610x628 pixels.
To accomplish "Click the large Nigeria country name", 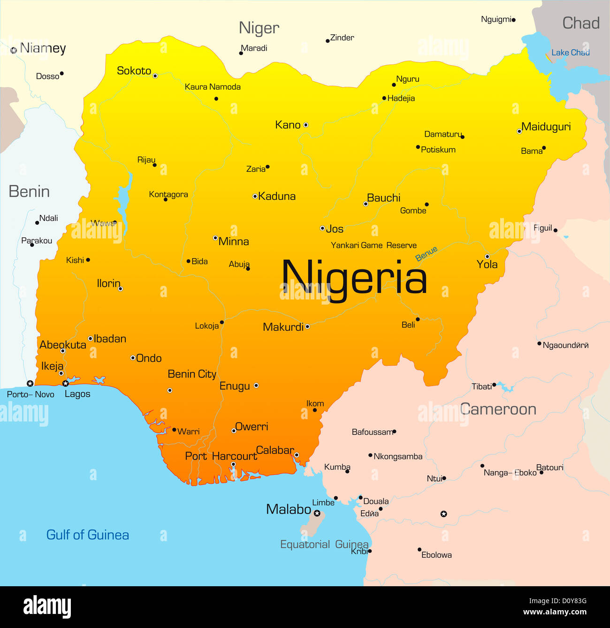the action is coord(354,278).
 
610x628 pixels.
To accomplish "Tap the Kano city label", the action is coord(288,125).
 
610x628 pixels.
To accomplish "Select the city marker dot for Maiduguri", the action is coord(519,131).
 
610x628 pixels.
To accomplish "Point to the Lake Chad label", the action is coord(570,53).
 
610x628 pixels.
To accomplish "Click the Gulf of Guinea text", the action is coord(87,535).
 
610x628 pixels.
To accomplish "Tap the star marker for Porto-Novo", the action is coord(30,383).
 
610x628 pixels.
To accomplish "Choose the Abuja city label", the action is coord(239,264).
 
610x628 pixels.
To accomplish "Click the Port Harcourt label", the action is coord(221,456).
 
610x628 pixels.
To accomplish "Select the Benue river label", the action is coord(426,253).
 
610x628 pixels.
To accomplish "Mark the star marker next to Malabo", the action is coord(317,513).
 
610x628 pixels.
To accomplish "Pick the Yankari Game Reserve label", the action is coord(374,245).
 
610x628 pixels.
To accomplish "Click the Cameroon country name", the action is coord(498,409).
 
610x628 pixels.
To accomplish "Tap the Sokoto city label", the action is coord(134,71).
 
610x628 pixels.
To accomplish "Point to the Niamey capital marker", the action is coord(14,50).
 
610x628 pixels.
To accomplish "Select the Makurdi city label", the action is coord(283,327).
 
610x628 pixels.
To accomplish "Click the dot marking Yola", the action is coord(487,256).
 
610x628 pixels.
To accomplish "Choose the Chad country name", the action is coord(581,23).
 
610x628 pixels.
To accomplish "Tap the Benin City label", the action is coord(192,374).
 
